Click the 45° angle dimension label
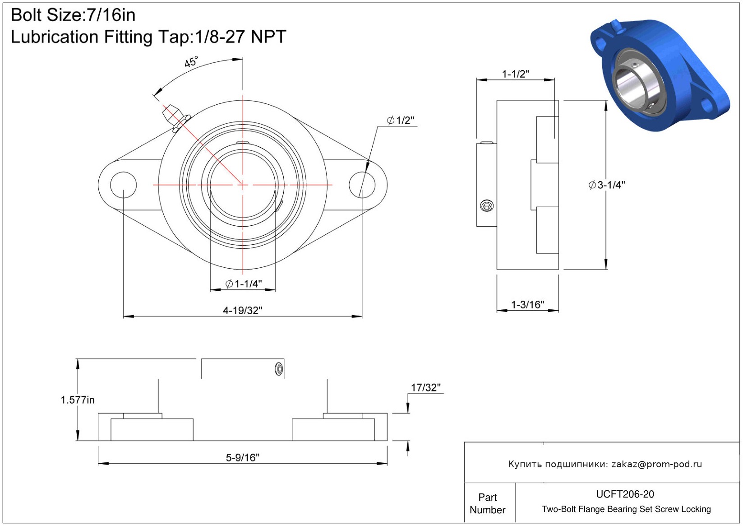pyautogui.click(x=191, y=61)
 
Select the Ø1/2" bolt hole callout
pyautogui.click(x=400, y=120)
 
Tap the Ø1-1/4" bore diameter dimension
pyautogui.click(x=244, y=284)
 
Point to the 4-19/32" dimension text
pyautogui.click(x=242, y=311)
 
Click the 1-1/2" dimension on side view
pyautogui.click(x=516, y=74)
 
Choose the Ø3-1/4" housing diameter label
pyautogui.click(x=607, y=185)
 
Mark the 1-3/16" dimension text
pyautogui.click(x=527, y=304)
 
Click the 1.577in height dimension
pyautogui.click(x=78, y=400)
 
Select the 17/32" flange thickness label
pyautogui.click(x=425, y=387)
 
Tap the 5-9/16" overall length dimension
pyautogui.click(x=242, y=457)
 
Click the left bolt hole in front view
pyautogui.click(x=123, y=185)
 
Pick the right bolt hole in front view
pyautogui.click(x=362, y=185)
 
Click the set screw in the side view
pyautogui.click(x=487, y=206)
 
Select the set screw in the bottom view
pyautogui.click(x=279, y=369)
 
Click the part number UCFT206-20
pyautogui.click(x=625, y=494)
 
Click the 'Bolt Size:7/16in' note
pyautogui.click(x=73, y=15)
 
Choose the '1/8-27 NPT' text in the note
pyautogui.click(x=240, y=37)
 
